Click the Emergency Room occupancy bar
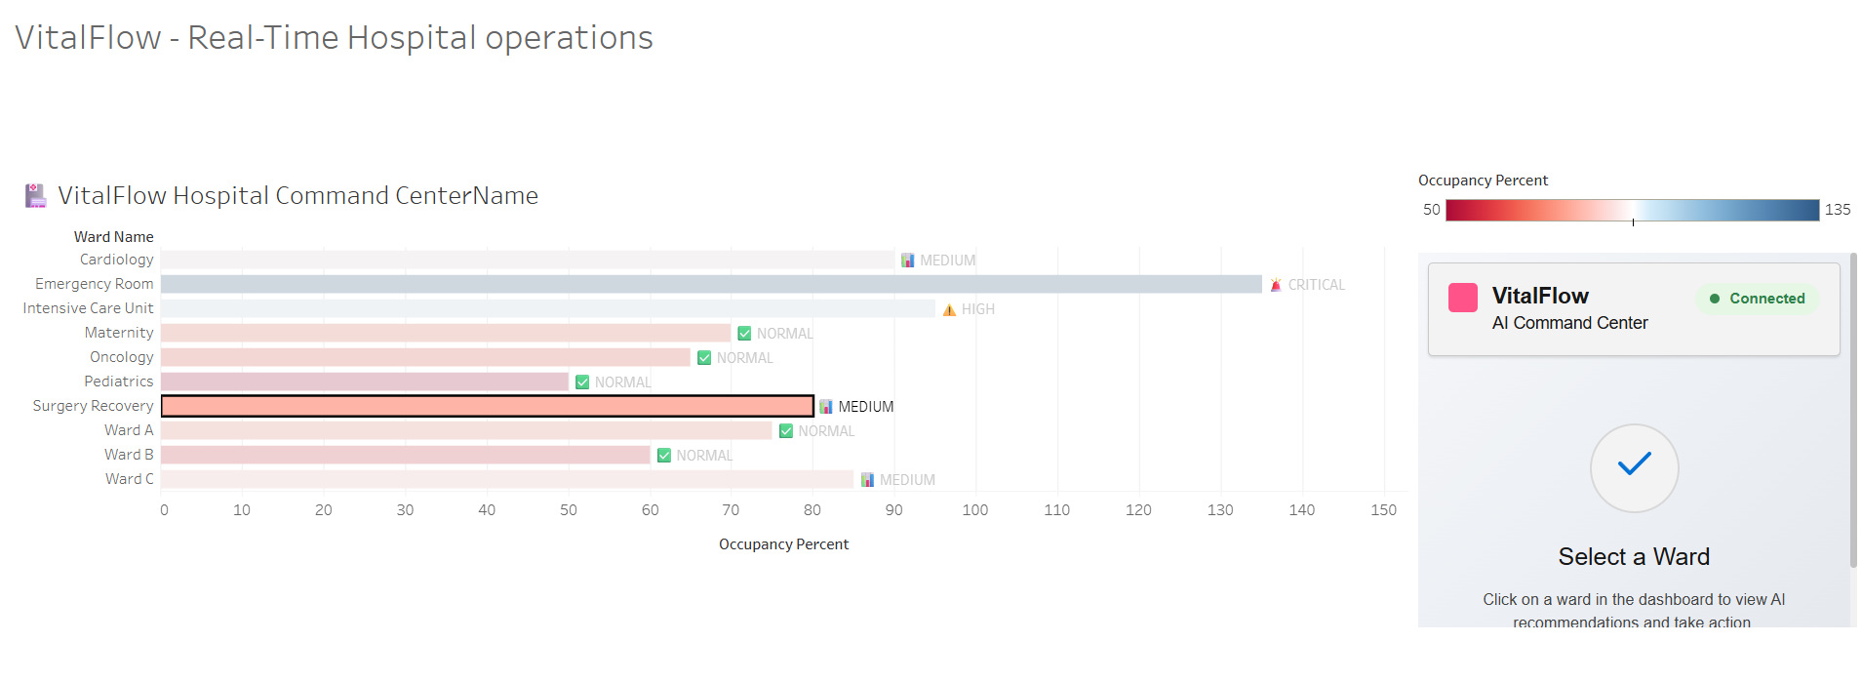711,284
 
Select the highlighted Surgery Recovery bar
487,406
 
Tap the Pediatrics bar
364,382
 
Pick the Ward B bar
405,455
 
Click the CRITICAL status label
1316,285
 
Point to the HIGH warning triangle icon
949,309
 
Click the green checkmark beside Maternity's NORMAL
744,334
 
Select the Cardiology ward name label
116,260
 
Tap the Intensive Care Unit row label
88,308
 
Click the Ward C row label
129,479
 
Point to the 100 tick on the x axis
974,510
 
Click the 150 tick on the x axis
1383,510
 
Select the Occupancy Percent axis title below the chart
783,544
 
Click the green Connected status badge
1758,299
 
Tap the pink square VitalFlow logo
1463,298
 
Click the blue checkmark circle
1634,467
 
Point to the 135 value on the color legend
1838,210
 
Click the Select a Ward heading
1634,557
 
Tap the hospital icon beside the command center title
36,196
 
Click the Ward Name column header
113,237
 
